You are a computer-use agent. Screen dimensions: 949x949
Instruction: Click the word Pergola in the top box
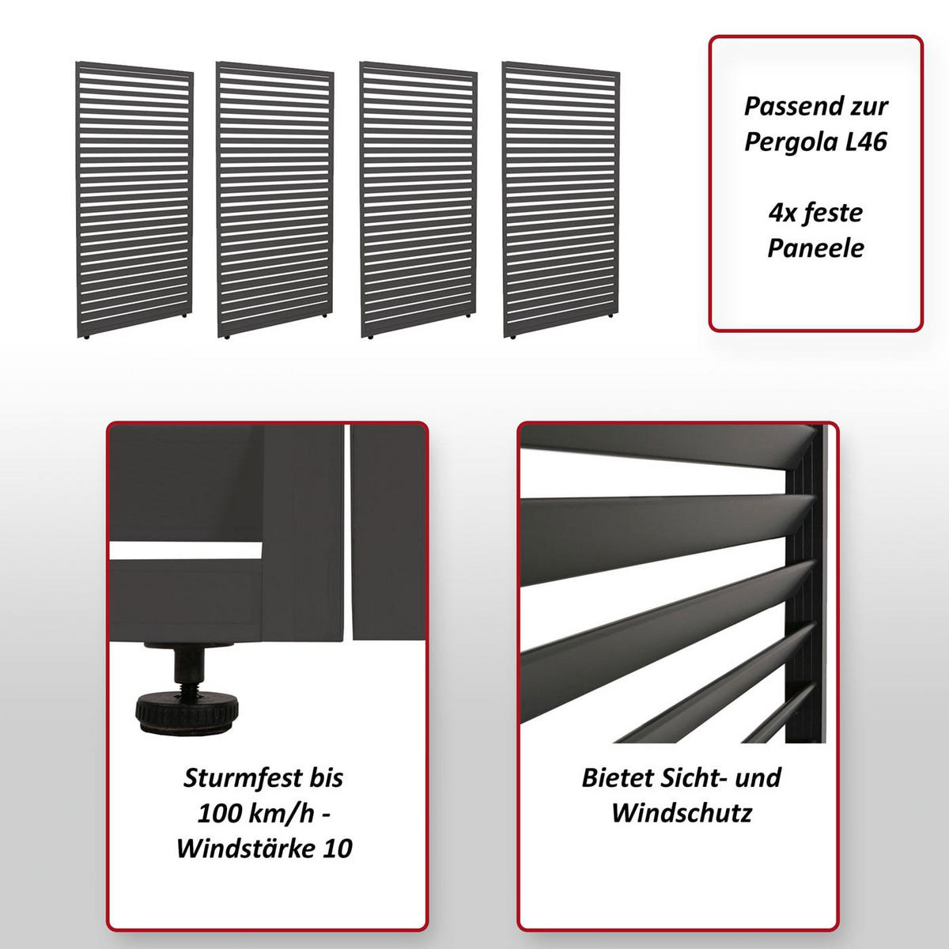click(790, 142)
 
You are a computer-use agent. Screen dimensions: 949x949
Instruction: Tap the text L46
click(864, 142)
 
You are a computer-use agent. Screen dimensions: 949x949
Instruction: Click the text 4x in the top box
click(782, 213)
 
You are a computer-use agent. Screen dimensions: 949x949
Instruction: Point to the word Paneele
click(815, 248)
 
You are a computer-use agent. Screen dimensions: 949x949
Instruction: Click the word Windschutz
click(681, 813)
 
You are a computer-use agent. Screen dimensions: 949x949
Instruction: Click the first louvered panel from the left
click(134, 202)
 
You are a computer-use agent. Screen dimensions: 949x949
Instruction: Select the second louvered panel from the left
click(274, 202)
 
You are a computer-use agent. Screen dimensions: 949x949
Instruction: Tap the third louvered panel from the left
click(418, 202)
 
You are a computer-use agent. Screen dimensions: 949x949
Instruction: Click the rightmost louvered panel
click(561, 202)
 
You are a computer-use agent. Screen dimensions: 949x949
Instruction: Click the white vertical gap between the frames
click(347, 530)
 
